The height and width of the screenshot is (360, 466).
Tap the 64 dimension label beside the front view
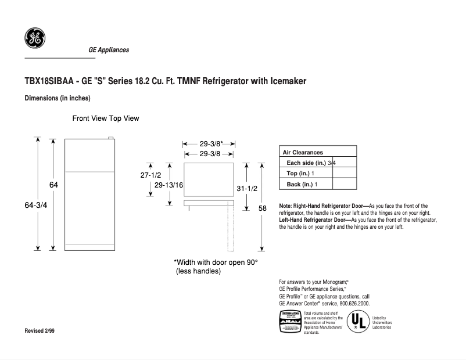[53, 185]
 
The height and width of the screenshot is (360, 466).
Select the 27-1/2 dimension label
[150, 174]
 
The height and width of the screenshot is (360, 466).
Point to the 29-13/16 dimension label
[170, 185]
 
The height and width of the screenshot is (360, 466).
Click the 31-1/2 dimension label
[247, 189]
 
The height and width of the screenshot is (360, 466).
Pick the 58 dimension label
[263, 208]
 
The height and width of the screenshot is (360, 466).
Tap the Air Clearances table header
[303, 152]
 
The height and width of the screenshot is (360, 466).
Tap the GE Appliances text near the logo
[109, 50]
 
